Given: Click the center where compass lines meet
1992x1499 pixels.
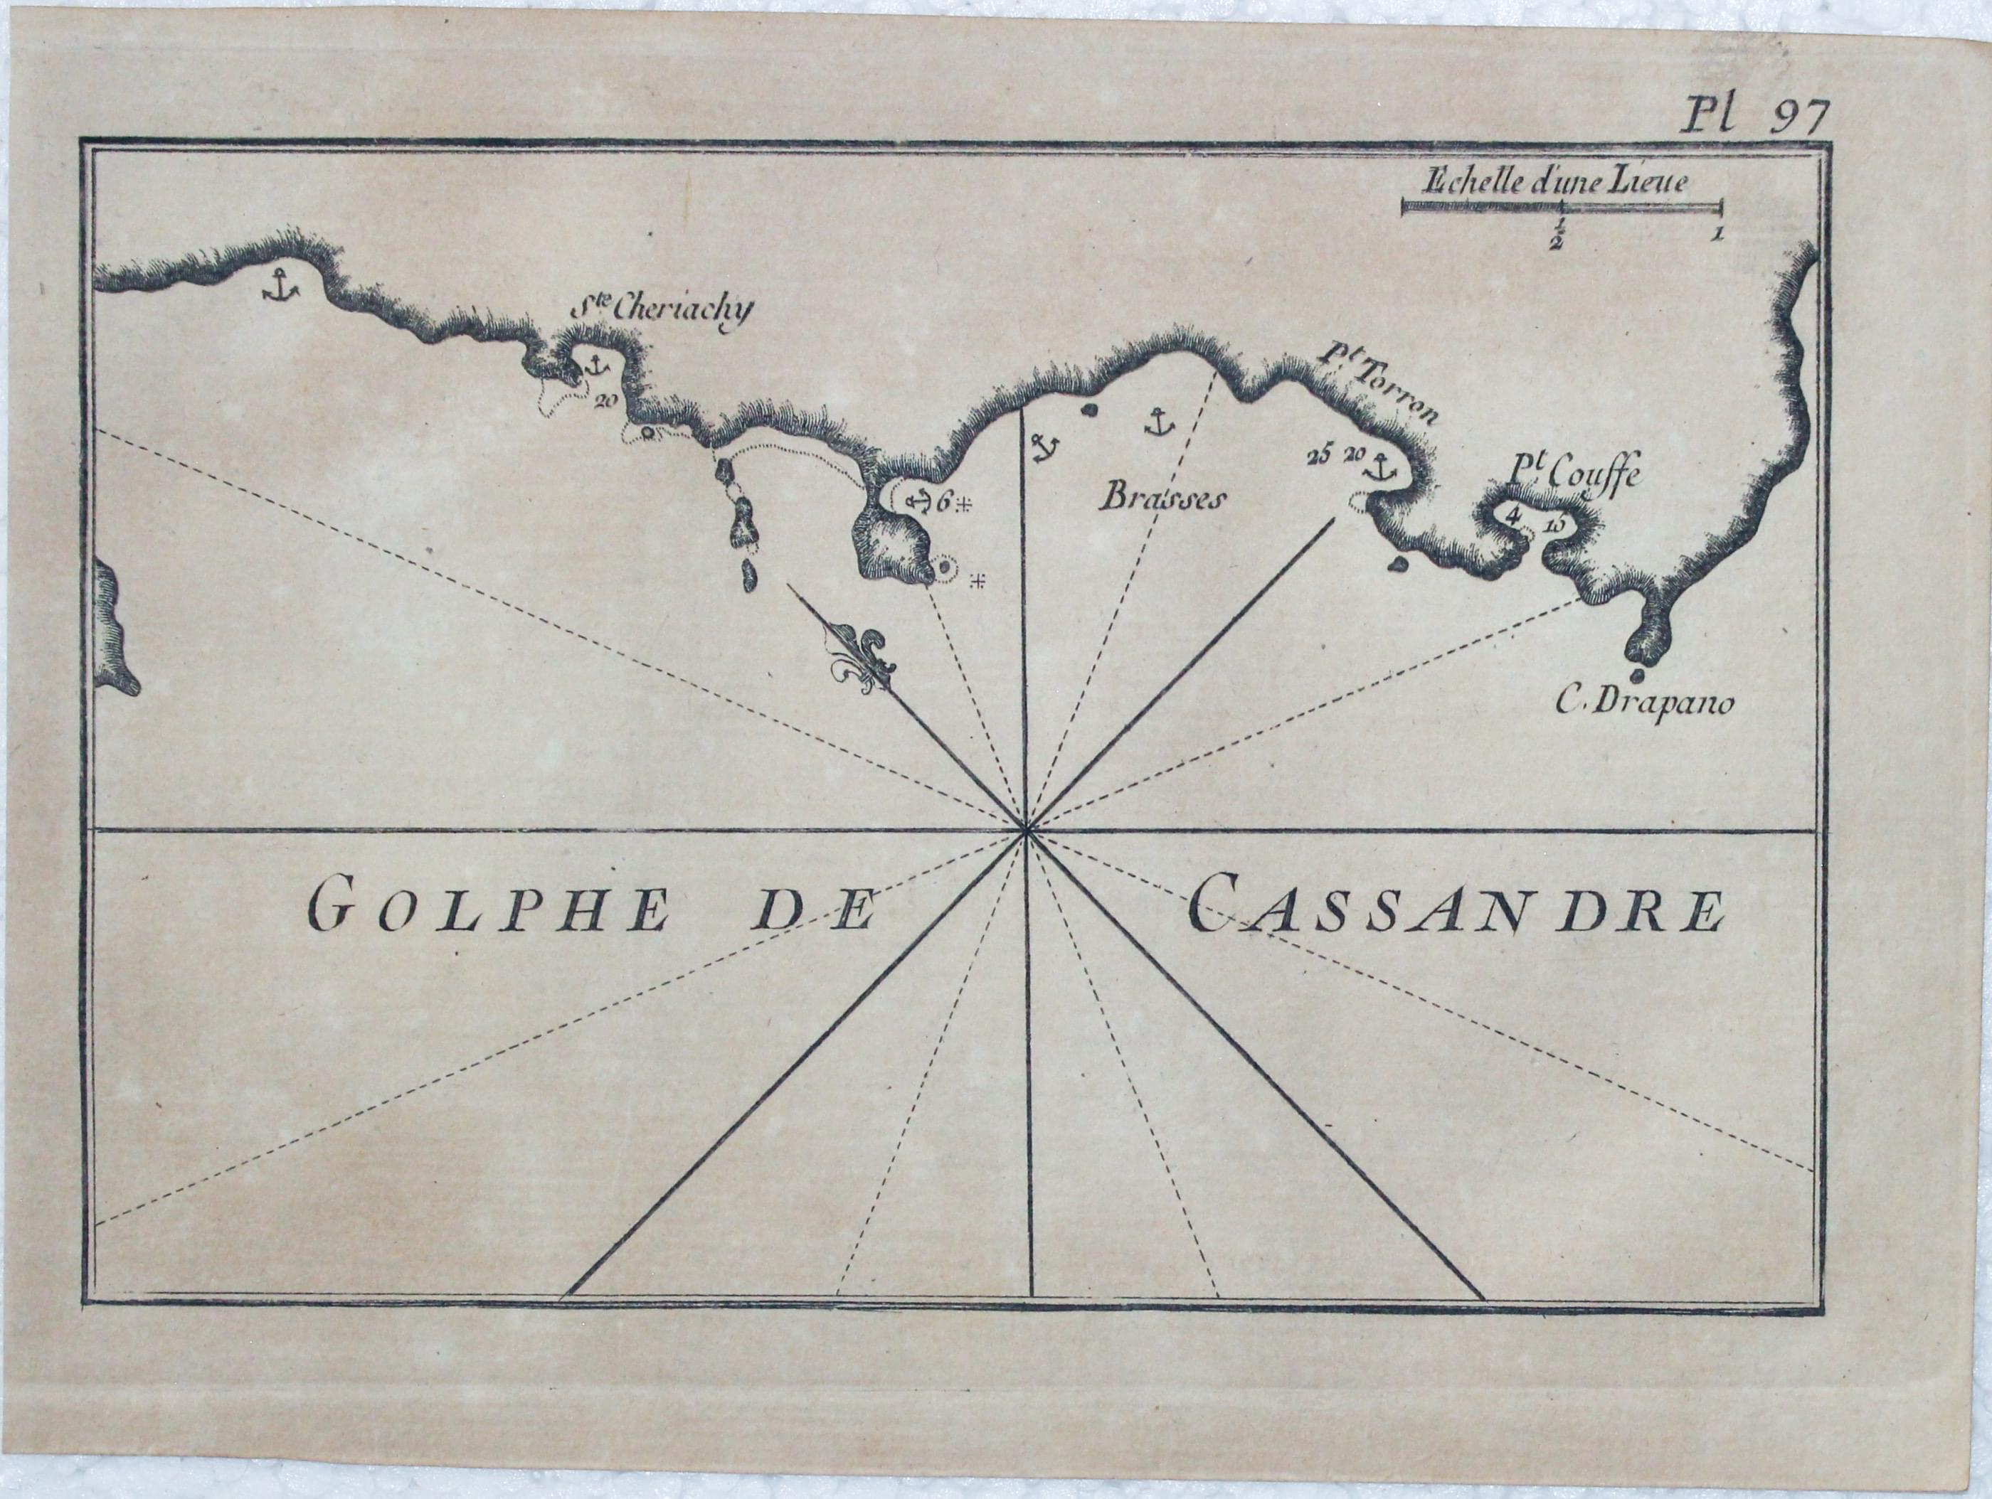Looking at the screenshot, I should [x=1026, y=830].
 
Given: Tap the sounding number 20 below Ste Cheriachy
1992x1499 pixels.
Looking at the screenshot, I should [x=605, y=402].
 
